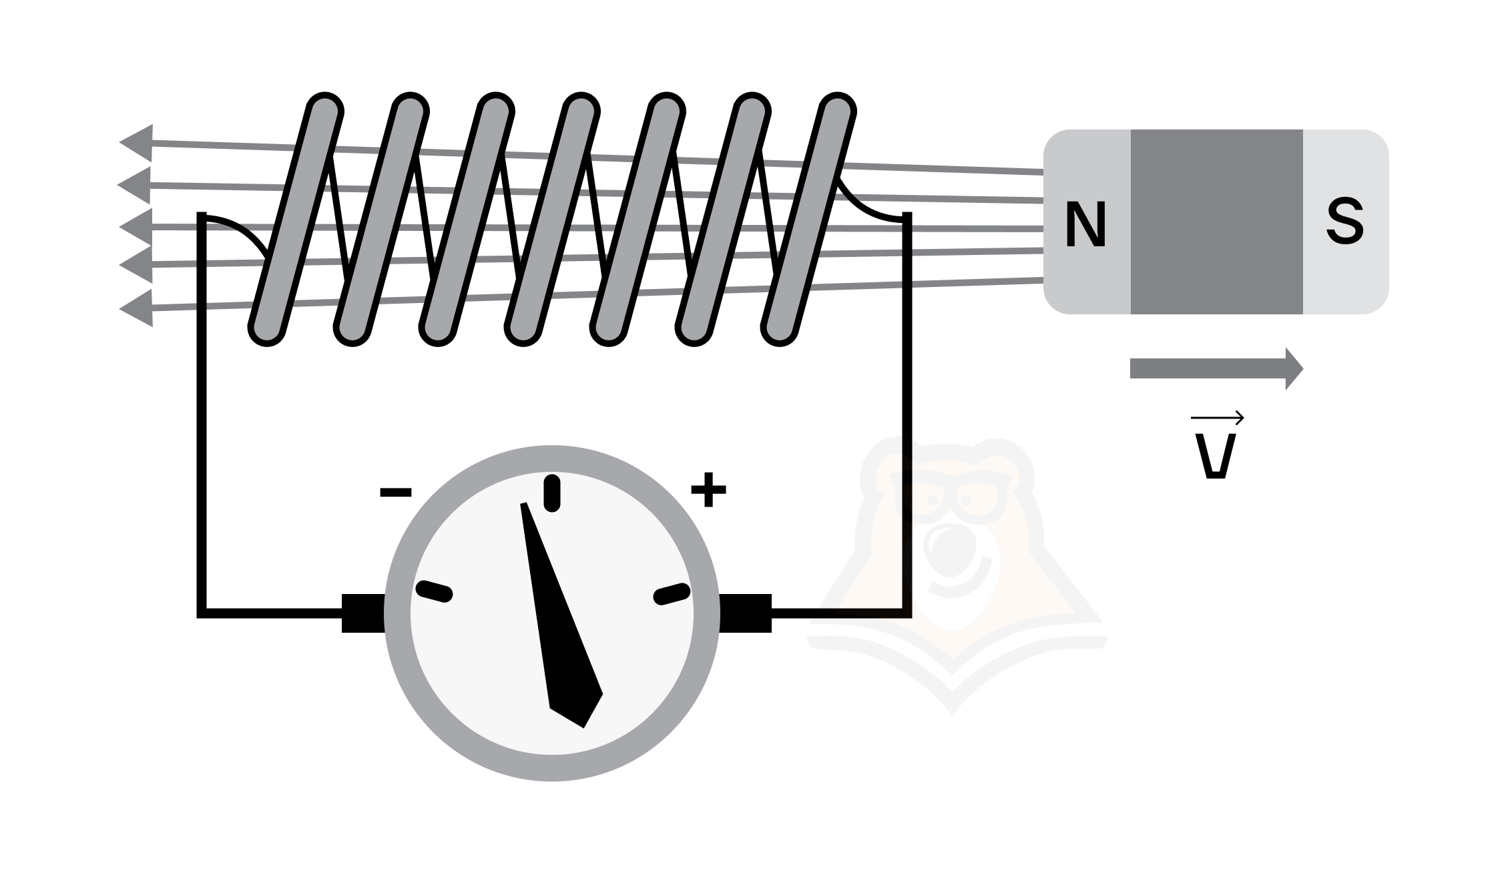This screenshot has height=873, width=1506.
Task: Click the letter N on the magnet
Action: coord(1086,224)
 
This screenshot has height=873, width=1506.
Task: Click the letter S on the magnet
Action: coord(1344,222)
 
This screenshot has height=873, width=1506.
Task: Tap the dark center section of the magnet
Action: coord(1216,222)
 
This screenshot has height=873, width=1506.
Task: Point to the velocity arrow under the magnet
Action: coord(1216,368)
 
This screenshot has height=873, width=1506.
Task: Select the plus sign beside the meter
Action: coord(708,490)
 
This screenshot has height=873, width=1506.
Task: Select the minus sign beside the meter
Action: coord(395,493)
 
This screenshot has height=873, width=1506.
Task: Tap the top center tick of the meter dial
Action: coord(552,493)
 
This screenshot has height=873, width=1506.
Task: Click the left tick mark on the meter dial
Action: coord(435,591)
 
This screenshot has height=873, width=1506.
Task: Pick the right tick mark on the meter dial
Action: coord(672,593)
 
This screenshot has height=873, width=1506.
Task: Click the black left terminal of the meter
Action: coord(363,613)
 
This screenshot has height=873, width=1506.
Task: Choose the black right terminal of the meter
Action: coord(745,613)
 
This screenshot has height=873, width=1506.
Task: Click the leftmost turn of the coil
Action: coord(296,220)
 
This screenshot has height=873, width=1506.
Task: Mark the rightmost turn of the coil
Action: coord(808,220)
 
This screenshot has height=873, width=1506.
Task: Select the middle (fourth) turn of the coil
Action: coord(552,220)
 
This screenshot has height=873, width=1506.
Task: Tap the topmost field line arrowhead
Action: coord(136,142)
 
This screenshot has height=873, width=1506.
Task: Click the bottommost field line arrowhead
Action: coord(136,308)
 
